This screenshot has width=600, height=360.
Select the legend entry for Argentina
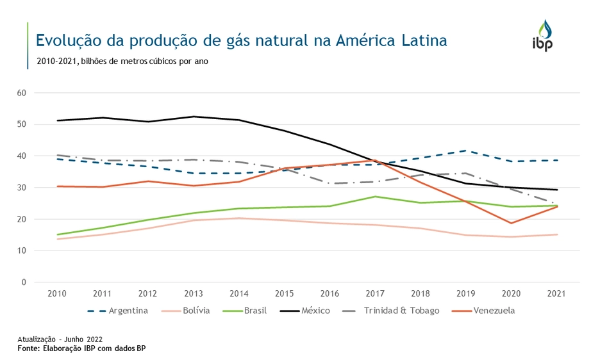(x=128, y=311)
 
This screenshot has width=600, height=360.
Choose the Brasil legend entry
(x=255, y=311)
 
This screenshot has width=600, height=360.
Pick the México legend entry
(x=315, y=311)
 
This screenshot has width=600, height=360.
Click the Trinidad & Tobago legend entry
(x=401, y=311)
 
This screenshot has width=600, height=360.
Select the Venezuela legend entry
(x=494, y=311)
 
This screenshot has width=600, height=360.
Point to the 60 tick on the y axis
(x=21, y=93)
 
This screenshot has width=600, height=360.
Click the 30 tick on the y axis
(x=21, y=188)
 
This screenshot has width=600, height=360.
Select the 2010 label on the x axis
(x=58, y=293)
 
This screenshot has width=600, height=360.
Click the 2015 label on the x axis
(x=285, y=293)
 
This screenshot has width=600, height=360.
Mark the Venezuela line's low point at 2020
(x=512, y=223)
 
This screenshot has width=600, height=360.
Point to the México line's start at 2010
(x=58, y=120)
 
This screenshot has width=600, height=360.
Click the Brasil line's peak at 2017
(x=376, y=197)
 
